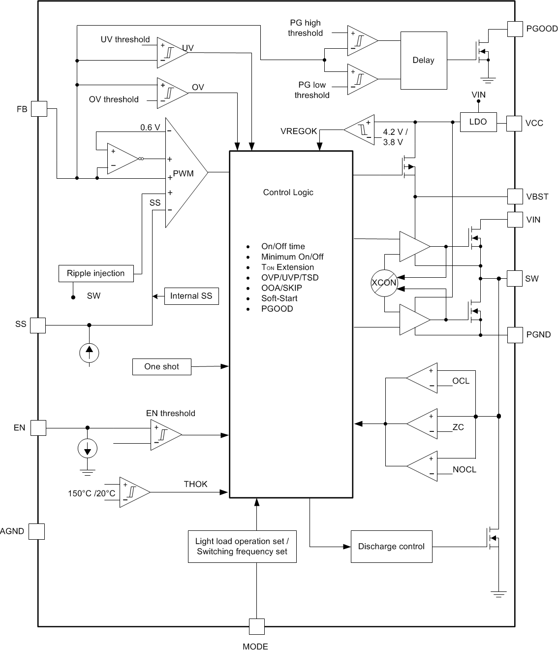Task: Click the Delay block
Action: (x=424, y=61)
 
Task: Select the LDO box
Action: (x=478, y=122)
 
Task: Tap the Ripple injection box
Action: (x=96, y=273)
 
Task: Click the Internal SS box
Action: (x=191, y=296)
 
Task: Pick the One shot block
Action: (x=161, y=367)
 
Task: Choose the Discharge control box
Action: (x=391, y=547)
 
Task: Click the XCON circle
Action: (x=384, y=283)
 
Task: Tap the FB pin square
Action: (x=39, y=109)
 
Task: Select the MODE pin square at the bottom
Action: (x=256, y=626)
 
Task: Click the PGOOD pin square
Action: (x=515, y=29)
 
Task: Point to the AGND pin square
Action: (x=36, y=531)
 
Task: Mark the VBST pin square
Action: (x=515, y=196)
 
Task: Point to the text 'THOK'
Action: (x=195, y=484)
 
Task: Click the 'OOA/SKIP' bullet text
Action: (x=281, y=288)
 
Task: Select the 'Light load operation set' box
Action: (x=242, y=547)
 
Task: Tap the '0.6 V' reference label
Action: (x=150, y=128)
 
